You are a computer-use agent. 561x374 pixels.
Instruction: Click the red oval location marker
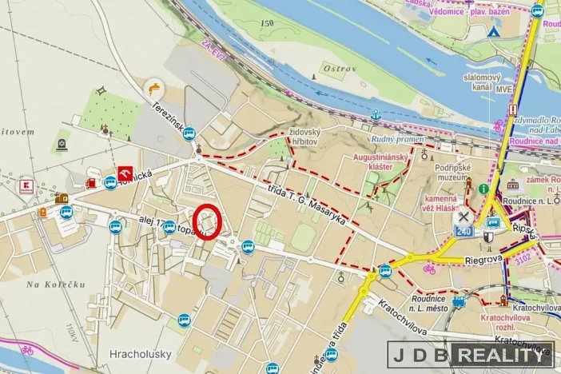pyautogui.click(x=207, y=221)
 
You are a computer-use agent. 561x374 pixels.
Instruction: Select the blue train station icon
pyautogui.click(x=459, y=302)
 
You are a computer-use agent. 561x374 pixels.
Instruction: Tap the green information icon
pyautogui.click(x=484, y=189)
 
